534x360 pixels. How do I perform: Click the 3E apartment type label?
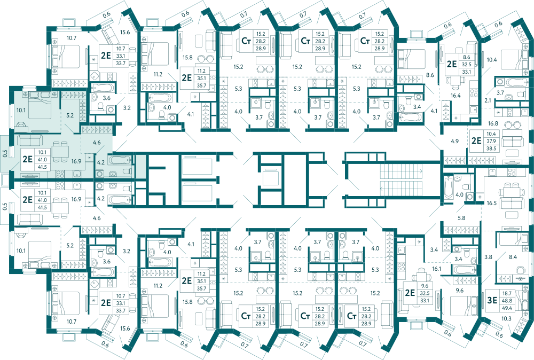[x=492, y=300]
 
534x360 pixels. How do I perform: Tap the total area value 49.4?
[x=507, y=308]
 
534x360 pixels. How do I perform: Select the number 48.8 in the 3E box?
[x=507, y=300]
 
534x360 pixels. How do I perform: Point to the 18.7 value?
[x=507, y=293]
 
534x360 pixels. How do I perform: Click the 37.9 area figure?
[x=491, y=141]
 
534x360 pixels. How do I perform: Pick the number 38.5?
[x=491, y=148]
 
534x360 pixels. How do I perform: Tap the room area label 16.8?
[x=493, y=123]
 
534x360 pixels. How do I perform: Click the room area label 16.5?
[x=491, y=203]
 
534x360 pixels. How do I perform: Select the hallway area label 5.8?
[x=461, y=218]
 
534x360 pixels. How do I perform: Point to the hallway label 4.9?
[x=454, y=141]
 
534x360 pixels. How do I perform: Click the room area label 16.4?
[x=456, y=96]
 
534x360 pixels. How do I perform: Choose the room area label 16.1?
[x=436, y=269]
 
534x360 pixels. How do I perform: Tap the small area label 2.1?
[x=488, y=100]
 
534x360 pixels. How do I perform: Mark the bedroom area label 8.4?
[x=513, y=257]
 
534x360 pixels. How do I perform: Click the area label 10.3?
[x=506, y=318]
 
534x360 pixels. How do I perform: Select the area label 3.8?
[x=489, y=257]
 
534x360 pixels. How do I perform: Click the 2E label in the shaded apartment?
[x=28, y=159]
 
